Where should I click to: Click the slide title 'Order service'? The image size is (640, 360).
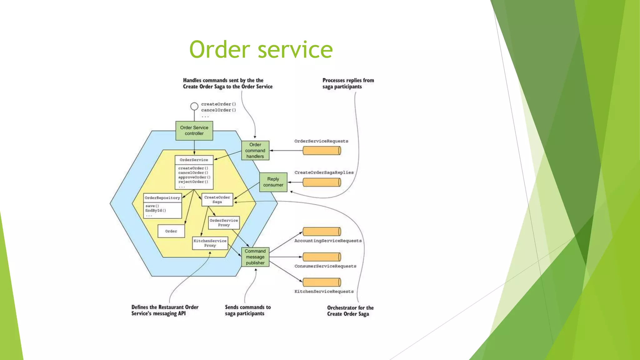[261, 49]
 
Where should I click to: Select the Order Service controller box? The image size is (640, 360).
[194, 131]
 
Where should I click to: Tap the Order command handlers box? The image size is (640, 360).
[255, 150]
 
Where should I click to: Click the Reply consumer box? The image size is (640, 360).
[273, 182]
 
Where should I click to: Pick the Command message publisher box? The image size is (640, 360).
[255, 257]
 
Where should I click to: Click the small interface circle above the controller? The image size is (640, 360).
[194, 106]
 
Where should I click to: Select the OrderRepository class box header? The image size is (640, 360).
[162, 198]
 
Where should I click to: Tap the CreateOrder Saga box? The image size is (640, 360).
[217, 200]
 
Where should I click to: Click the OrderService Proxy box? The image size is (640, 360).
[224, 222]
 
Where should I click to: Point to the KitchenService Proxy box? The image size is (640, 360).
[210, 243]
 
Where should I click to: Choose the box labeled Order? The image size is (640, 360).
[171, 231]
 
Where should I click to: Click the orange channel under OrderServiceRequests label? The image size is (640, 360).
[322, 151]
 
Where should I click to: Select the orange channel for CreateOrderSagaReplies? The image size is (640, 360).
[322, 182]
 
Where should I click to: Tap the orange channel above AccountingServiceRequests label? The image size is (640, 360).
[322, 232]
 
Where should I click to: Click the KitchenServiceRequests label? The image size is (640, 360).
[324, 292]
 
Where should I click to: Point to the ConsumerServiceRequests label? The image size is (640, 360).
[325, 266]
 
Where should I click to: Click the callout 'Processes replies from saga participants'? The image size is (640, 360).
[348, 83]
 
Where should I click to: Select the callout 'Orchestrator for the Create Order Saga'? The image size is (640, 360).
[350, 311]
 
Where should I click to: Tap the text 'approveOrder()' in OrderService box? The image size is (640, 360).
[194, 177]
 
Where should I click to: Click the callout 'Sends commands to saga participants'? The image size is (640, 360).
[247, 310]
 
